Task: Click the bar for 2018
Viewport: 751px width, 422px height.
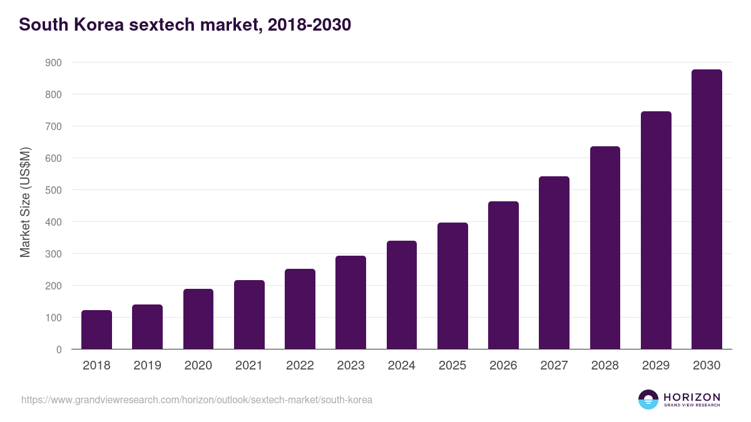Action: pos(96,329)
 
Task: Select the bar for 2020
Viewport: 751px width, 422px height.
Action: pos(198,319)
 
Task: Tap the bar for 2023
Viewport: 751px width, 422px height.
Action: pos(350,303)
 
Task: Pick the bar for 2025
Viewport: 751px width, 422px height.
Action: pos(452,286)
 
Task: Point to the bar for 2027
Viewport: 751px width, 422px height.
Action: pos(554,263)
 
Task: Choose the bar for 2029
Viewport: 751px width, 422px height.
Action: pos(656,230)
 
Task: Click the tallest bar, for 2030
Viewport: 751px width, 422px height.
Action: pos(707,209)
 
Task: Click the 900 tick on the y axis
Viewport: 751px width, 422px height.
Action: pos(53,63)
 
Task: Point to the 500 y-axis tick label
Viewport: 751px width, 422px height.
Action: pos(53,190)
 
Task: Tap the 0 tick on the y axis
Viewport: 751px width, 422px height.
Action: pos(58,349)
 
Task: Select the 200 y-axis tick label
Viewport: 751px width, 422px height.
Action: pos(53,286)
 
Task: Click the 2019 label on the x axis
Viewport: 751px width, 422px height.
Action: pos(147,366)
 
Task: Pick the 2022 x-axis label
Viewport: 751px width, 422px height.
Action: pos(300,366)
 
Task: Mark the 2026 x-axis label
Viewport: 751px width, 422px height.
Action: pos(503,366)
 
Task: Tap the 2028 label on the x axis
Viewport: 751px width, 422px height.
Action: pos(605,366)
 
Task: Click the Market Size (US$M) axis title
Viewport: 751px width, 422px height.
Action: pos(25,202)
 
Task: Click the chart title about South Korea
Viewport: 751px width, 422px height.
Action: pos(185,25)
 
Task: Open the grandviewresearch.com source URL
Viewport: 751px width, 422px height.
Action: pos(197,399)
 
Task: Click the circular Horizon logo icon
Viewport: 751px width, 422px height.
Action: pos(648,399)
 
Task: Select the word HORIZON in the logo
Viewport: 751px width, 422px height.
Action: pos(692,396)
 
